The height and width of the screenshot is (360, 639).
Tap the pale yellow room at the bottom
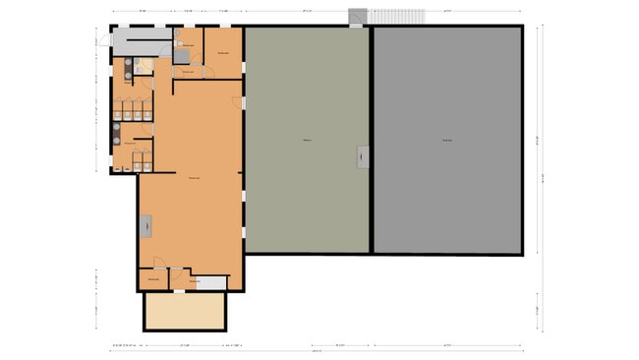(x=185, y=311)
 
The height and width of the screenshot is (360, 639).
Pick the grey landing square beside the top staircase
(x=358, y=17)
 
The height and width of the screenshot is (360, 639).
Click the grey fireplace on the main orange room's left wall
(x=146, y=226)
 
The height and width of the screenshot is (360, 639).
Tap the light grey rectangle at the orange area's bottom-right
(x=214, y=282)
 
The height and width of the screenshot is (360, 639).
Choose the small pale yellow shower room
(x=145, y=67)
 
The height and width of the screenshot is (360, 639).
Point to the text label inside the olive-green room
(x=307, y=141)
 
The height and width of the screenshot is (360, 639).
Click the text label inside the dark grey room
(x=447, y=141)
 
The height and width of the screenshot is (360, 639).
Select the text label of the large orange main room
(x=195, y=177)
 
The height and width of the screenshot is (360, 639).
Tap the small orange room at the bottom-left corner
(x=153, y=281)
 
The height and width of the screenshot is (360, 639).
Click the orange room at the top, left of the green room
(x=223, y=52)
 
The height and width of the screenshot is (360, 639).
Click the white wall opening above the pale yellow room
(x=186, y=291)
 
